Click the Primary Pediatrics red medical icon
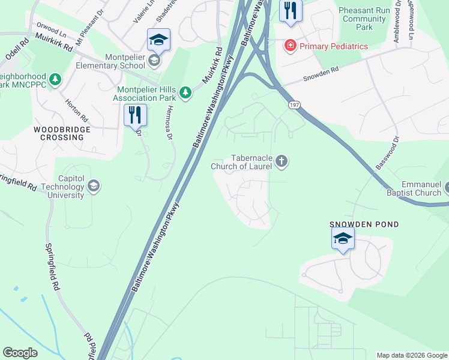pos(291,45)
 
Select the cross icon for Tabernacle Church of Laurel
pos(282,161)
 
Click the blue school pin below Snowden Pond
pos(343,239)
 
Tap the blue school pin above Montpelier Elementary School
pos(158,40)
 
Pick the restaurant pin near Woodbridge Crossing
pos(135,115)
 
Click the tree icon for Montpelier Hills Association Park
pos(186,92)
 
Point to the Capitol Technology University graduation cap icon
pos(93,186)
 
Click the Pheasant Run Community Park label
pos(364,19)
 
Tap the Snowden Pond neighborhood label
pos(364,224)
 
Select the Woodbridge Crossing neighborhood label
pos(62,133)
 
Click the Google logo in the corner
pos(20,353)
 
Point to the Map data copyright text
pos(412,355)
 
